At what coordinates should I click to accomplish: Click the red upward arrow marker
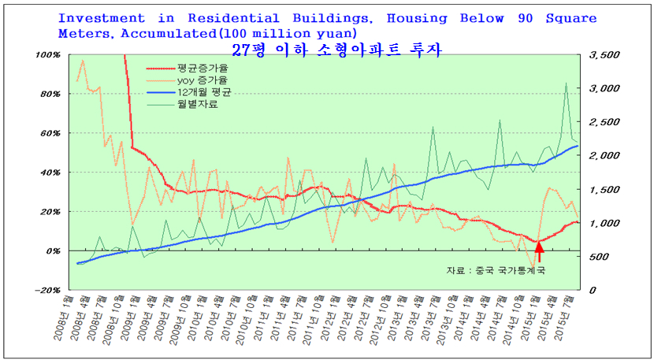coord(539,251)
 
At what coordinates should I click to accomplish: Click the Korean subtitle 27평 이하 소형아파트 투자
coord(337,50)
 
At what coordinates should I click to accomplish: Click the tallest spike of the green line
coord(566,83)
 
